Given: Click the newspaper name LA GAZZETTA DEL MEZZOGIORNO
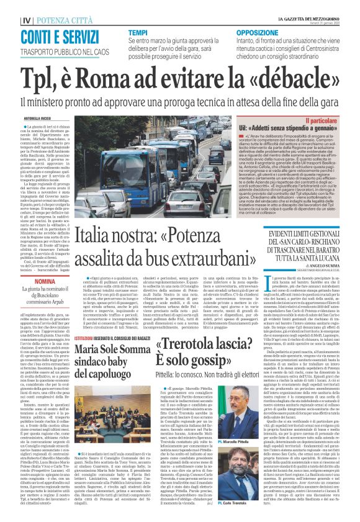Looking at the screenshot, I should pos(317,19).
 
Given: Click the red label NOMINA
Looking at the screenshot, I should pos(29,281).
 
